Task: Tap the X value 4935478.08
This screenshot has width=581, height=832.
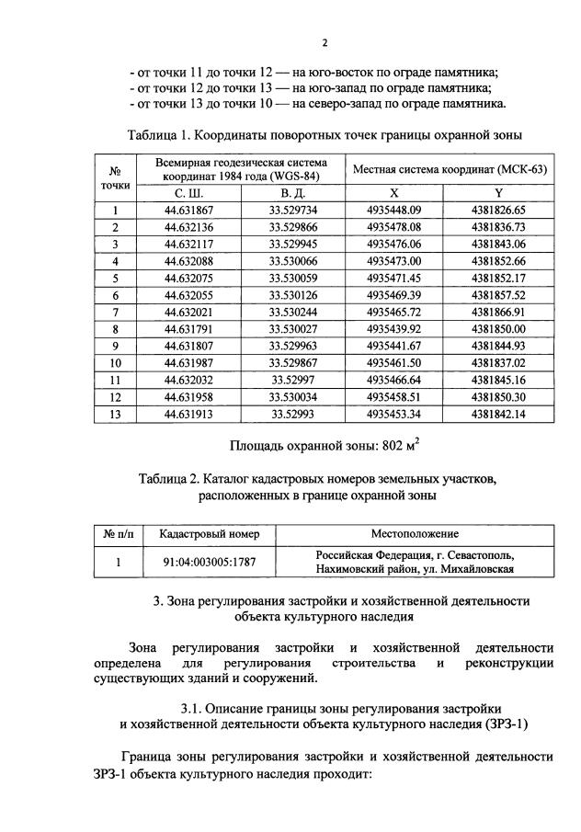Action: point(393,227)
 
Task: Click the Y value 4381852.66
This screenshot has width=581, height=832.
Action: point(498,261)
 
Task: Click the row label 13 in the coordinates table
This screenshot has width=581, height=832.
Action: point(116,414)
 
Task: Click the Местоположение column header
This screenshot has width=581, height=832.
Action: point(415,533)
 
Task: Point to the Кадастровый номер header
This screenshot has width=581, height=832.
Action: point(209,533)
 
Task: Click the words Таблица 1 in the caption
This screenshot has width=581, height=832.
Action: point(160,136)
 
